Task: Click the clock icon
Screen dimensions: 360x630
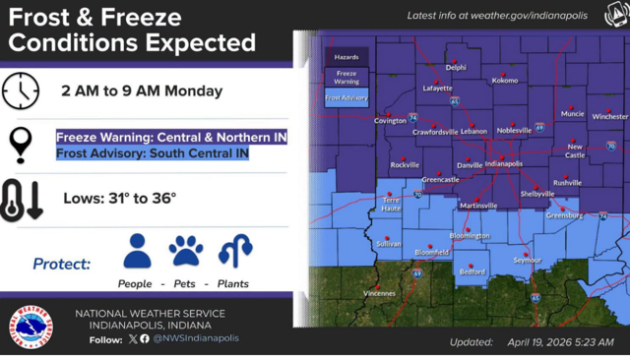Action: coord(20,91)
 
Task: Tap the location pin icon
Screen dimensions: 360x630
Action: coord(20,144)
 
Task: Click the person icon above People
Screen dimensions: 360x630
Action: coord(137,252)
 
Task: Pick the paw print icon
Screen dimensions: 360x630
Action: coord(186,251)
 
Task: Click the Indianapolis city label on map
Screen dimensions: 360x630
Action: coord(504,164)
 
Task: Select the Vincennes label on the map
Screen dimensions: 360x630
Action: coord(379,293)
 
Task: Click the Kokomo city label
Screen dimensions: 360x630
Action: coord(505,81)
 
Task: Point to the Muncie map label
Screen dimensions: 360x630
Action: coord(572,113)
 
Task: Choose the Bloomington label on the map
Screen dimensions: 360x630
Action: coord(470,236)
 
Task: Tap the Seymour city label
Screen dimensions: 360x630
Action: coord(528,261)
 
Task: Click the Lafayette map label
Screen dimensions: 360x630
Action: coord(437,89)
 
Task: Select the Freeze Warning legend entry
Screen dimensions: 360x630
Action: coord(346,77)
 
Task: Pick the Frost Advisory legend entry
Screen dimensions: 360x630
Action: coord(346,97)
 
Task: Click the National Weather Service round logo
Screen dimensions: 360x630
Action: coord(32,327)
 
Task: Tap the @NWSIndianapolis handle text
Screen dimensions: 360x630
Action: coord(195,338)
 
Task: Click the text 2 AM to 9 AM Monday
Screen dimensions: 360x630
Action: coord(142,91)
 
